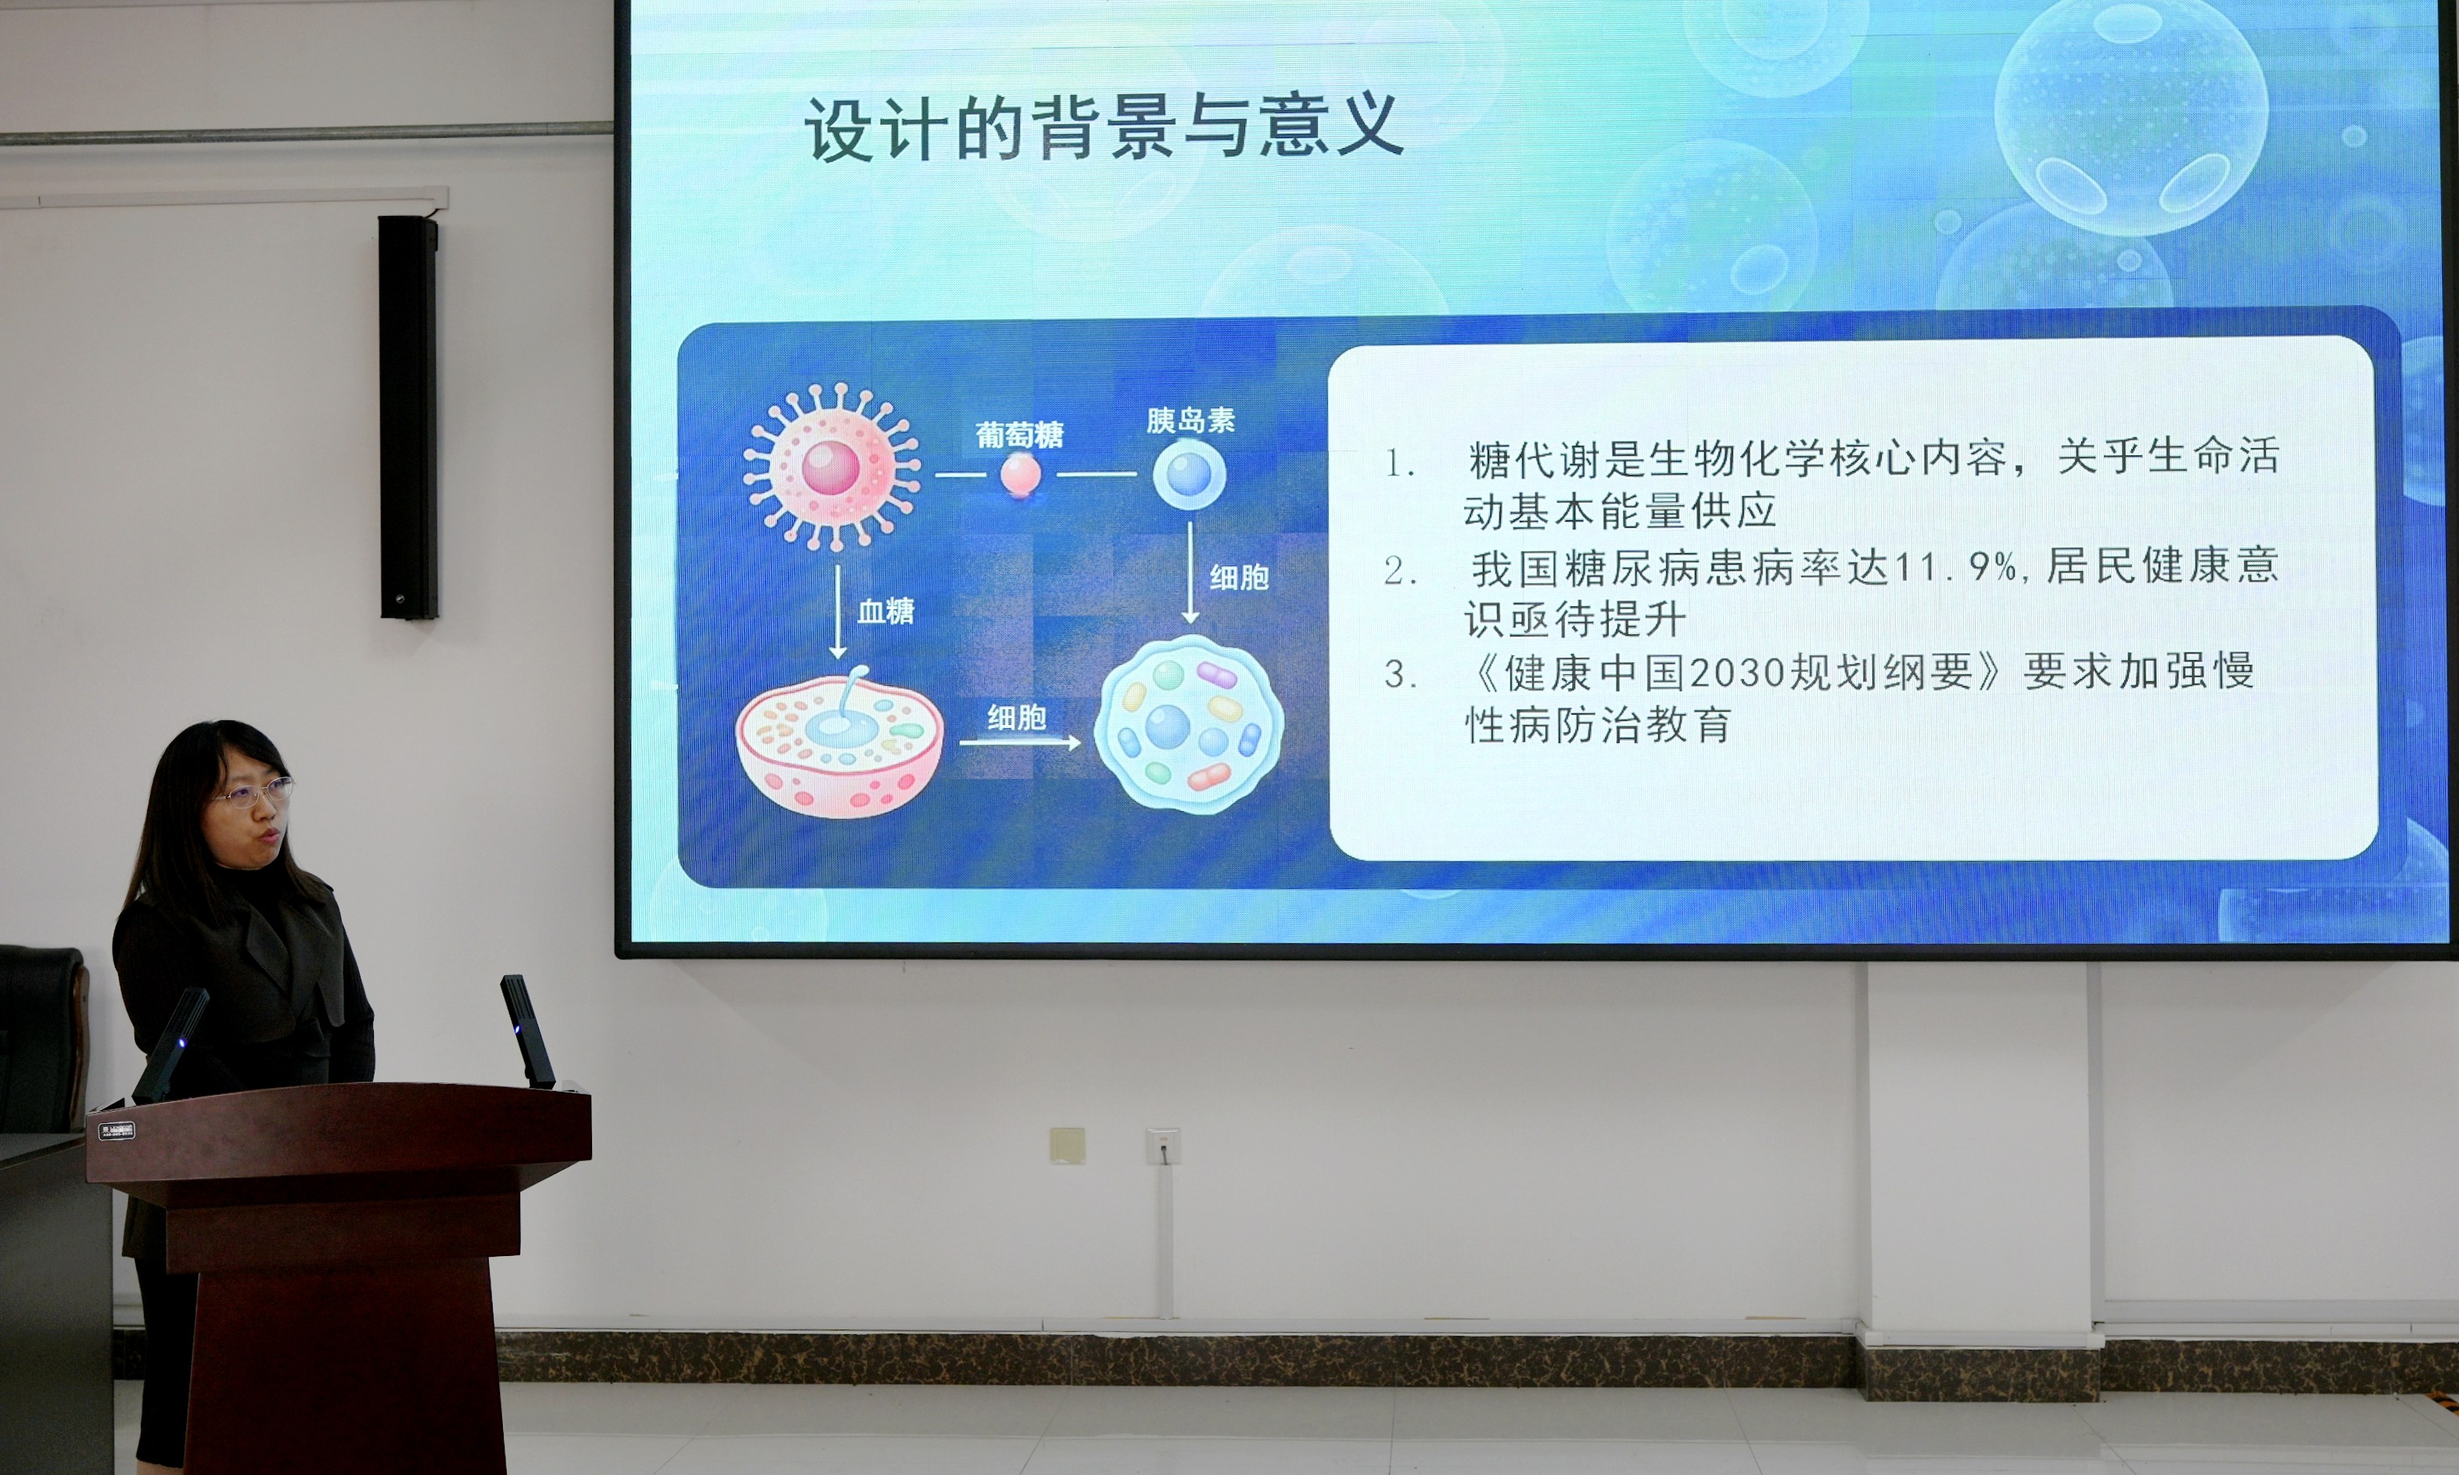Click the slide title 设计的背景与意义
point(1104,127)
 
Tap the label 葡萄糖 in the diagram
point(1020,434)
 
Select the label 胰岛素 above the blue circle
point(1190,421)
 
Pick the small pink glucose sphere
point(1021,474)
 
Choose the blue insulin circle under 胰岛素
point(1190,474)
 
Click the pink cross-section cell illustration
point(839,742)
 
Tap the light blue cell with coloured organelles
point(1189,724)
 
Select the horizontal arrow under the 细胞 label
point(1020,742)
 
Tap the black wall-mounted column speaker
point(408,418)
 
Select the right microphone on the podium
point(527,1031)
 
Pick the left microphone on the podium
point(171,1045)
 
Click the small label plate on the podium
point(117,1130)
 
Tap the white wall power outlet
point(1163,1146)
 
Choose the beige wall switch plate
point(1068,1145)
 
